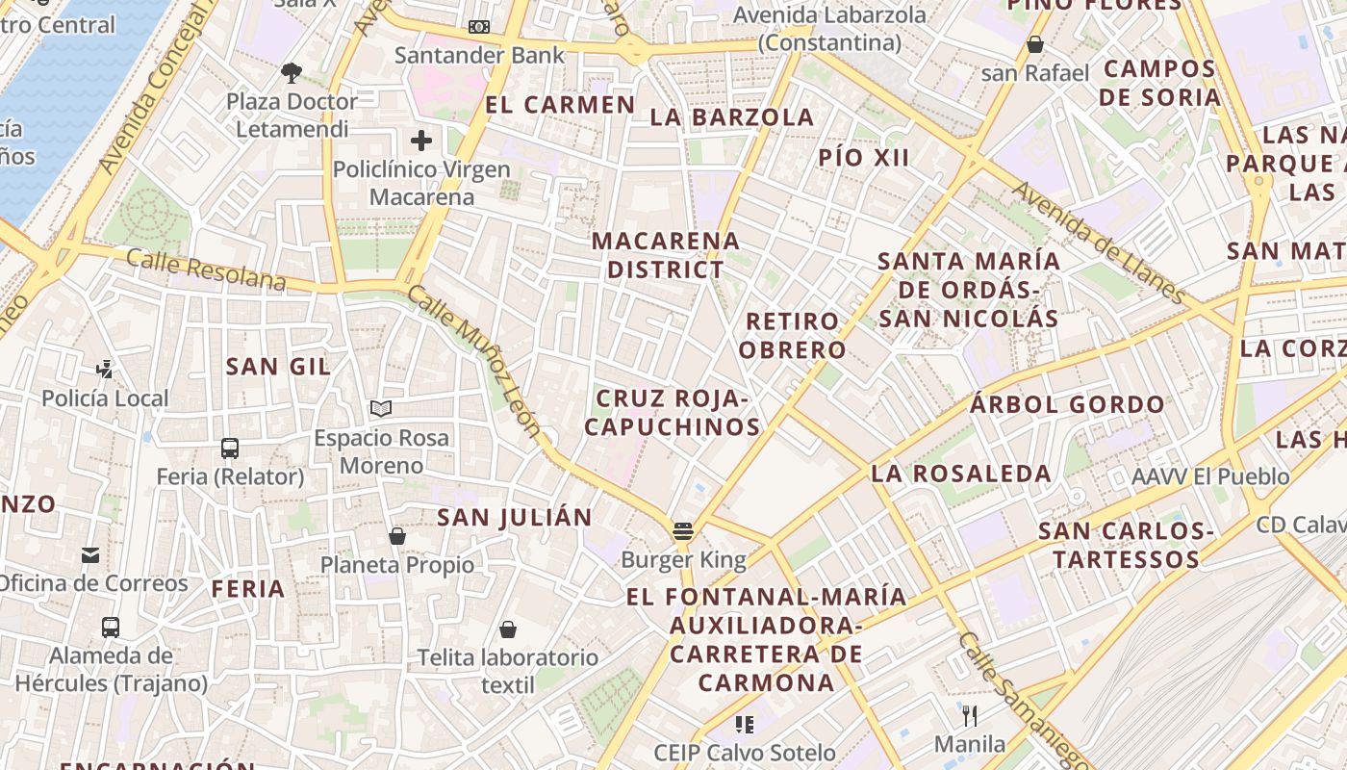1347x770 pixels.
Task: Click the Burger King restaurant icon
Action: point(683,530)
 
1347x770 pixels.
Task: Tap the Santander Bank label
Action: point(479,55)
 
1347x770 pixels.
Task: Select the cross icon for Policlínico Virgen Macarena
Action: point(421,141)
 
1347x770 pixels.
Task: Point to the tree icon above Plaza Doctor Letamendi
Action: point(292,72)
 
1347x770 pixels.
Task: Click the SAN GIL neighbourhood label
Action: point(278,366)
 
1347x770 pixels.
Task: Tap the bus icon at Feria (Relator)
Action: point(230,448)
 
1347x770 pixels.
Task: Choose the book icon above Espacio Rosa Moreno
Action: point(381,409)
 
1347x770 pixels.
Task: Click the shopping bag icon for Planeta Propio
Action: point(396,535)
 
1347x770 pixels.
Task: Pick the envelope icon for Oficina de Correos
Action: point(90,554)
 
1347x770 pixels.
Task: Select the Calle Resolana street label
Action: point(206,269)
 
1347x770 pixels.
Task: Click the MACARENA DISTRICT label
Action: point(666,255)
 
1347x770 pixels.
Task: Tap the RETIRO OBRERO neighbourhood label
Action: point(795,335)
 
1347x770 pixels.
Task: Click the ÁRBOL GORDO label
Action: point(1067,404)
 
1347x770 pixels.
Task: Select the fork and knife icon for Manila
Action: point(970,715)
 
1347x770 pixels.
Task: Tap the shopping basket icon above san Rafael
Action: point(1035,44)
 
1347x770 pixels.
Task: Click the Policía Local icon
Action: point(105,369)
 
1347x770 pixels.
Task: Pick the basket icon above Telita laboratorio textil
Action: point(508,629)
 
